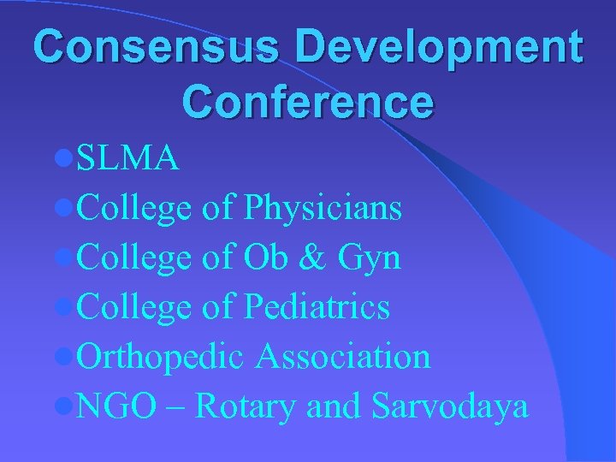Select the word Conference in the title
pyautogui.click(x=308, y=101)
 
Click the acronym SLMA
pyautogui.click(x=127, y=159)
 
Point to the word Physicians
pyautogui.click(x=323, y=208)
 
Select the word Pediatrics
pyautogui.click(x=317, y=307)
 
